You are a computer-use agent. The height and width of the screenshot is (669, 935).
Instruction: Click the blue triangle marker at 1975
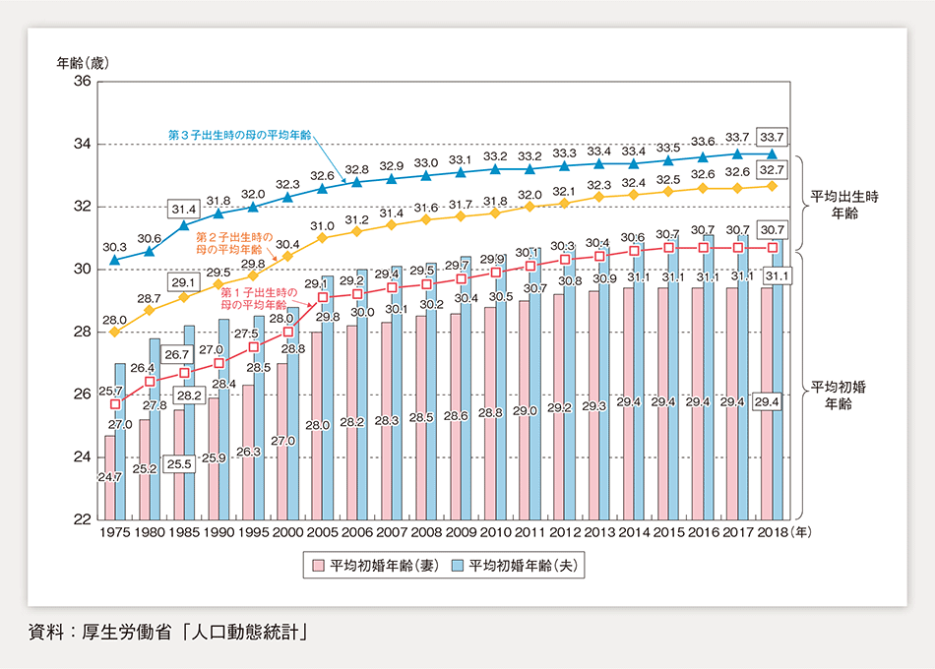(x=115, y=260)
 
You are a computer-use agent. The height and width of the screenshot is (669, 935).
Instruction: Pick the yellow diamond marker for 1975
(x=115, y=332)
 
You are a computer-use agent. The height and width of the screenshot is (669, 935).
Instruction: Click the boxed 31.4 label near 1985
(x=184, y=210)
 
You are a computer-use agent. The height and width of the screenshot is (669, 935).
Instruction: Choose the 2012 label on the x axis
(x=564, y=530)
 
